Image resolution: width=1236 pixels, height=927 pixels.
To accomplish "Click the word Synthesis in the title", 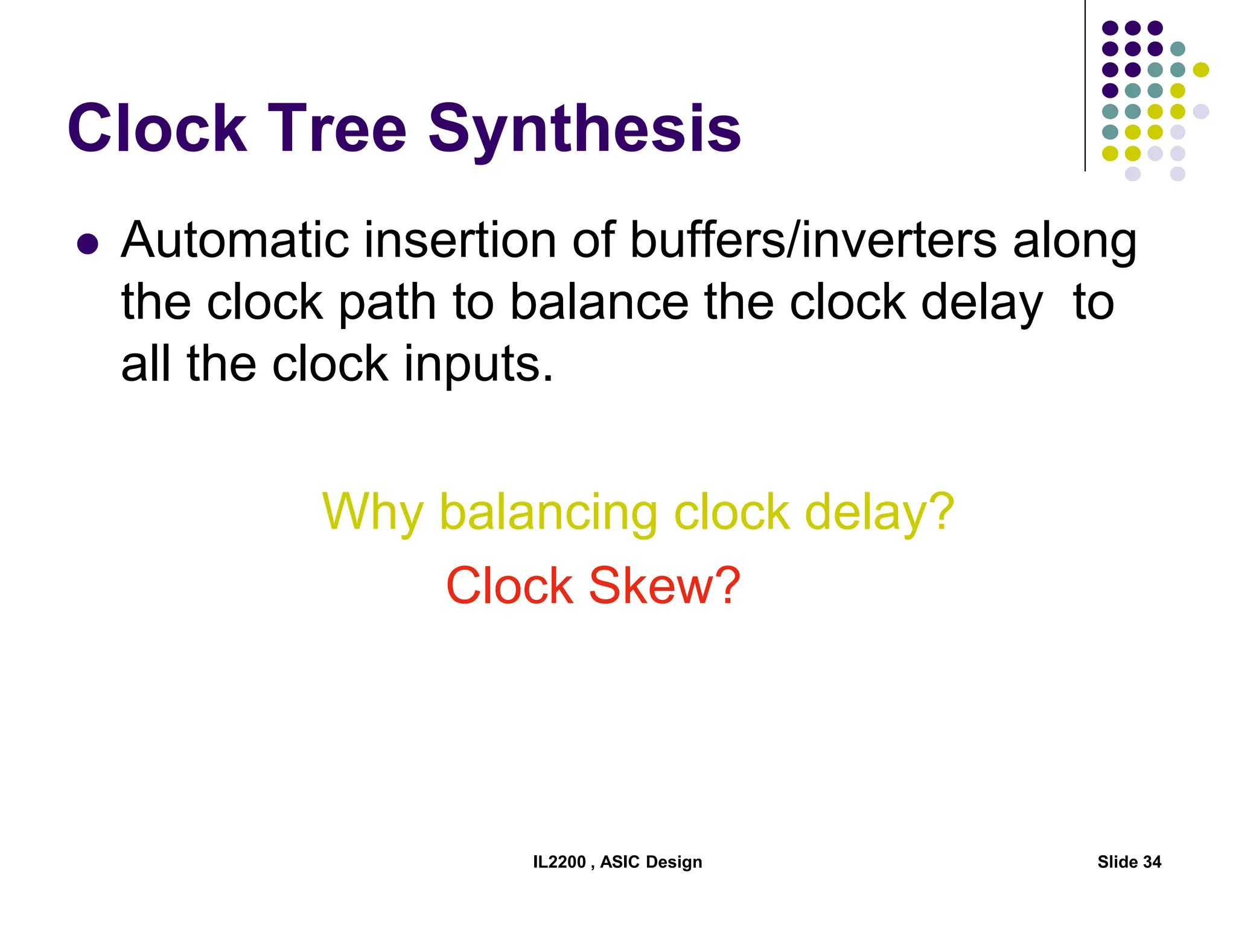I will (584, 130).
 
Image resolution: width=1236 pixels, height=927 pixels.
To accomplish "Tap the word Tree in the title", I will (337, 129).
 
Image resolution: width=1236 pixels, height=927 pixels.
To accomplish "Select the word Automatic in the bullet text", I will (235, 240).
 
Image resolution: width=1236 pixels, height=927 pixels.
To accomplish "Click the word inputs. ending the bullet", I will (478, 365).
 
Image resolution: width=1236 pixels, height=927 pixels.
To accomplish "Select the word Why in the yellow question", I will (372, 512).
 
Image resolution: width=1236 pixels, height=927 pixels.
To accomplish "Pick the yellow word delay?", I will (879, 512).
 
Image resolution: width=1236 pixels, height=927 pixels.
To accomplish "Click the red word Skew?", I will (664, 585).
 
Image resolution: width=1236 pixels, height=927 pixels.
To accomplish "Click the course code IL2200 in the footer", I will (559, 862).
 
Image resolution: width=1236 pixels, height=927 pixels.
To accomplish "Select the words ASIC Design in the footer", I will (651, 862).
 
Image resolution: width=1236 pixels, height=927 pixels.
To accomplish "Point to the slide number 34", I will (1152, 862).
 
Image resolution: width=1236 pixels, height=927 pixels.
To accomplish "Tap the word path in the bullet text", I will (387, 303).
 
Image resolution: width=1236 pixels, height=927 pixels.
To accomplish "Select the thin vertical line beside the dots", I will (1085, 84).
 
